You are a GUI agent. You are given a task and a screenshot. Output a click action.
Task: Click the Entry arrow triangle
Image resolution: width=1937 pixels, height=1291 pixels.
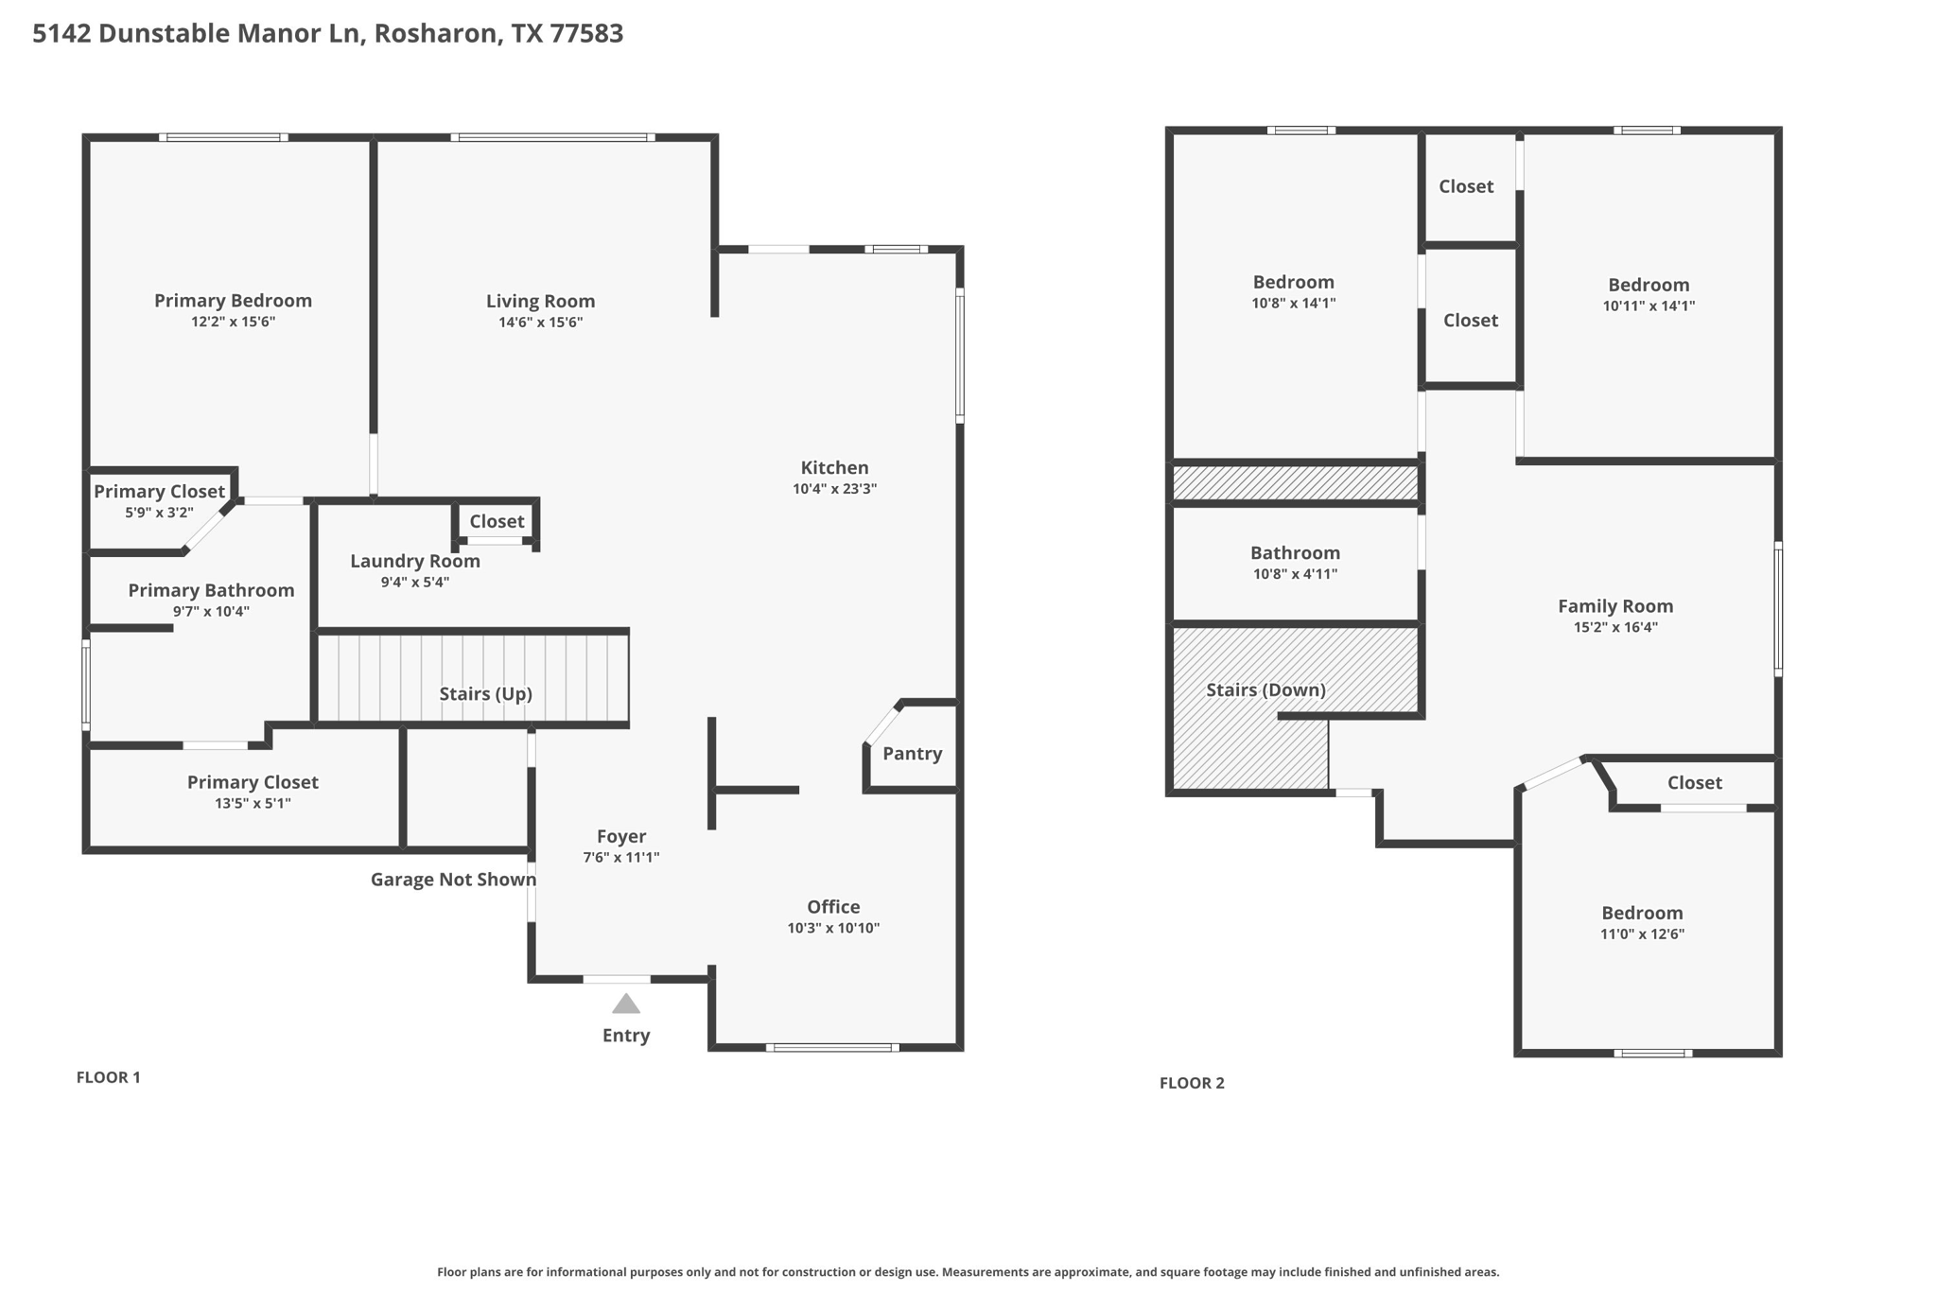pyautogui.click(x=625, y=1004)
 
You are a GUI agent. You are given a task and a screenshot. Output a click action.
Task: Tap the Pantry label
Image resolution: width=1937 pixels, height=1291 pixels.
pyautogui.click(x=912, y=754)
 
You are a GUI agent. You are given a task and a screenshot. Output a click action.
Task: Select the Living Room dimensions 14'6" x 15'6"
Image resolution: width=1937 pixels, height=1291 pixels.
pyautogui.click(x=540, y=323)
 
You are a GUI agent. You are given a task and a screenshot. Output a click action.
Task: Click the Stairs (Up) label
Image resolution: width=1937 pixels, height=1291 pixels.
pyautogui.click(x=485, y=694)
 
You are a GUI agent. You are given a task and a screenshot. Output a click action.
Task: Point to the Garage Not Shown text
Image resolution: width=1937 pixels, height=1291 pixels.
pyautogui.click(x=453, y=880)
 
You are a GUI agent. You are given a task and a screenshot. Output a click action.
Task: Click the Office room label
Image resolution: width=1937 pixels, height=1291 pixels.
pyautogui.click(x=833, y=907)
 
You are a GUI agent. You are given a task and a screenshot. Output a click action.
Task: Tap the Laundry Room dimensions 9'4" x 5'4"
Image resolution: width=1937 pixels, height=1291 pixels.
pyautogui.click(x=414, y=583)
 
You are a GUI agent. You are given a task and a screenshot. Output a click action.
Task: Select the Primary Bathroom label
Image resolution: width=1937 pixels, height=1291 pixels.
pyautogui.click(x=211, y=590)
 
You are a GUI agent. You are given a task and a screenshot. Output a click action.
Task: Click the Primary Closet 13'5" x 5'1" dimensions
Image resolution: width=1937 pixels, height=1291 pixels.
pyautogui.click(x=253, y=804)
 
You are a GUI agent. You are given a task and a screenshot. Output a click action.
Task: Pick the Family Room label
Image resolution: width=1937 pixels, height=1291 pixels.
pyautogui.click(x=1614, y=606)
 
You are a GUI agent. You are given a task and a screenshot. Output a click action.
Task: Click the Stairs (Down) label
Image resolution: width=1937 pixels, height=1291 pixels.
pyautogui.click(x=1265, y=690)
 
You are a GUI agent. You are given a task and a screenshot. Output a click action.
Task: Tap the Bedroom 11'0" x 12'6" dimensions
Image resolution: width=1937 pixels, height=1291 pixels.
pyautogui.click(x=1642, y=934)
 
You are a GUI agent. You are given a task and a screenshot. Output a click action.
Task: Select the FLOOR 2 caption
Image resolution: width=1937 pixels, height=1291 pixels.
pyautogui.click(x=1192, y=1083)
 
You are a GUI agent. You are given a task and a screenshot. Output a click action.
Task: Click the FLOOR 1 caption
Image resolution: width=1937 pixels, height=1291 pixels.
pyautogui.click(x=108, y=1077)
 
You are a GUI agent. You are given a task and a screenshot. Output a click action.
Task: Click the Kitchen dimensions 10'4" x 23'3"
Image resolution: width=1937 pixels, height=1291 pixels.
pyautogui.click(x=834, y=489)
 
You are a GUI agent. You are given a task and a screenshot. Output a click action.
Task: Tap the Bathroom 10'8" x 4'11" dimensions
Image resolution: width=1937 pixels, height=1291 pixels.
pyautogui.click(x=1295, y=574)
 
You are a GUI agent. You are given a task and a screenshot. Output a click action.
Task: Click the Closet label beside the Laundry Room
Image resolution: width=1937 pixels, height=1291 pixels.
pyautogui.click(x=497, y=522)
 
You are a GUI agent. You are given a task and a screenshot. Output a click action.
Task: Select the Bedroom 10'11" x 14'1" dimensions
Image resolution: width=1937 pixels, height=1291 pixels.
pyautogui.click(x=1648, y=306)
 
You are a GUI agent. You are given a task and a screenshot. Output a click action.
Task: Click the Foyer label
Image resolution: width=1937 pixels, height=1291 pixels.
pyautogui.click(x=621, y=837)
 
